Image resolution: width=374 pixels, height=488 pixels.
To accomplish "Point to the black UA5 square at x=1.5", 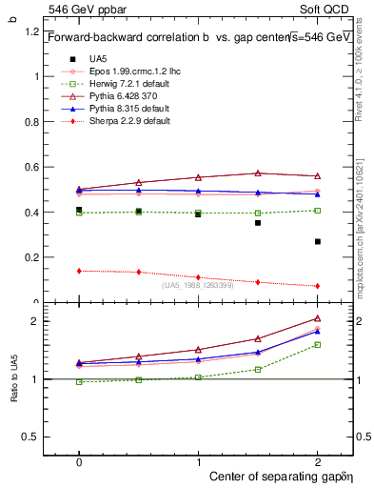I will pyautogui.click(x=258, y=223).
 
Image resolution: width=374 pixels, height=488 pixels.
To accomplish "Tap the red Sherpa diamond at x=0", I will pyautogui.click(x=79, y=271).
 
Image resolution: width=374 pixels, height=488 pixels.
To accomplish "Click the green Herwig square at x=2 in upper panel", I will pyautogui.click(x=318, y=210).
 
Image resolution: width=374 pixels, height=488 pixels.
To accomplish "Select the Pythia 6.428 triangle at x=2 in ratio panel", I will pyautogui.click(x=318, y=318).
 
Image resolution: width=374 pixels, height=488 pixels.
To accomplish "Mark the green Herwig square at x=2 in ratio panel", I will pyautogui.click(x=318, y=344).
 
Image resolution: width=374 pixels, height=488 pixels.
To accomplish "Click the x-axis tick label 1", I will pyautogui.click(x=198, y=459).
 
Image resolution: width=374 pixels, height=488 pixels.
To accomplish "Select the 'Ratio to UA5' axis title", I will pyautogui.click(x=13, y=378).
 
